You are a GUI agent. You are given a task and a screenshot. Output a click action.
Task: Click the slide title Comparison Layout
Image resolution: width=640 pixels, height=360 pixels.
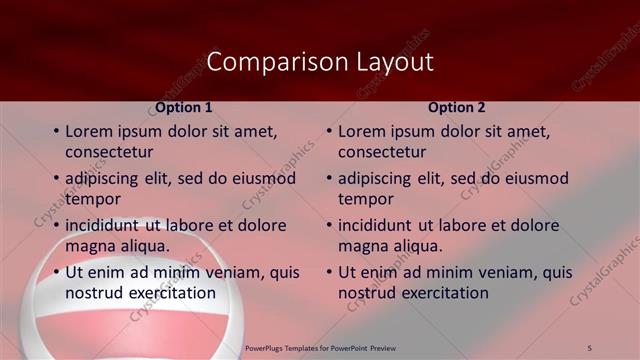pyautogui.click(x=320, y=62)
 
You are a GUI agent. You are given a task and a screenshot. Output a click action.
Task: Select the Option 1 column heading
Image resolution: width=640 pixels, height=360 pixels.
pyautogui.click(x=183, y=107)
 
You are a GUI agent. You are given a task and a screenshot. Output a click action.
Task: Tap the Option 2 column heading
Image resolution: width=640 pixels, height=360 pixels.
pyautogui.click(x=456, y=107)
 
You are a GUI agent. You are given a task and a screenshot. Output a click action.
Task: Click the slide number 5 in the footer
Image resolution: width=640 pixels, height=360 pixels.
pyautogui.click(x=590, y=347)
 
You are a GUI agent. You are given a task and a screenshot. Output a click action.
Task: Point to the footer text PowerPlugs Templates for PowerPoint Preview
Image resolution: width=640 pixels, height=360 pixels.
pyautogui.click(x=320, y=347)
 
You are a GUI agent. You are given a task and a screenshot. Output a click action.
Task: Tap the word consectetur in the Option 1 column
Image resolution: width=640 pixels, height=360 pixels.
pyautogui.click(x=109, y=152)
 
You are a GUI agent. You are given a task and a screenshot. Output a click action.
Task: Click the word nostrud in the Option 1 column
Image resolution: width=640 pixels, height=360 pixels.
pyautogui.click(x=93, y=293)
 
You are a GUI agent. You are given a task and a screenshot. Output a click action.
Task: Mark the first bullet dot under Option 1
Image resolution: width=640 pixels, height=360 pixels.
pyautogui.click(x=56, y=132)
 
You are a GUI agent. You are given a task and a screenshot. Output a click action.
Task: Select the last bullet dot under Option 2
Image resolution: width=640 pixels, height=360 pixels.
pyautogui.click(x=329, y=273)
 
